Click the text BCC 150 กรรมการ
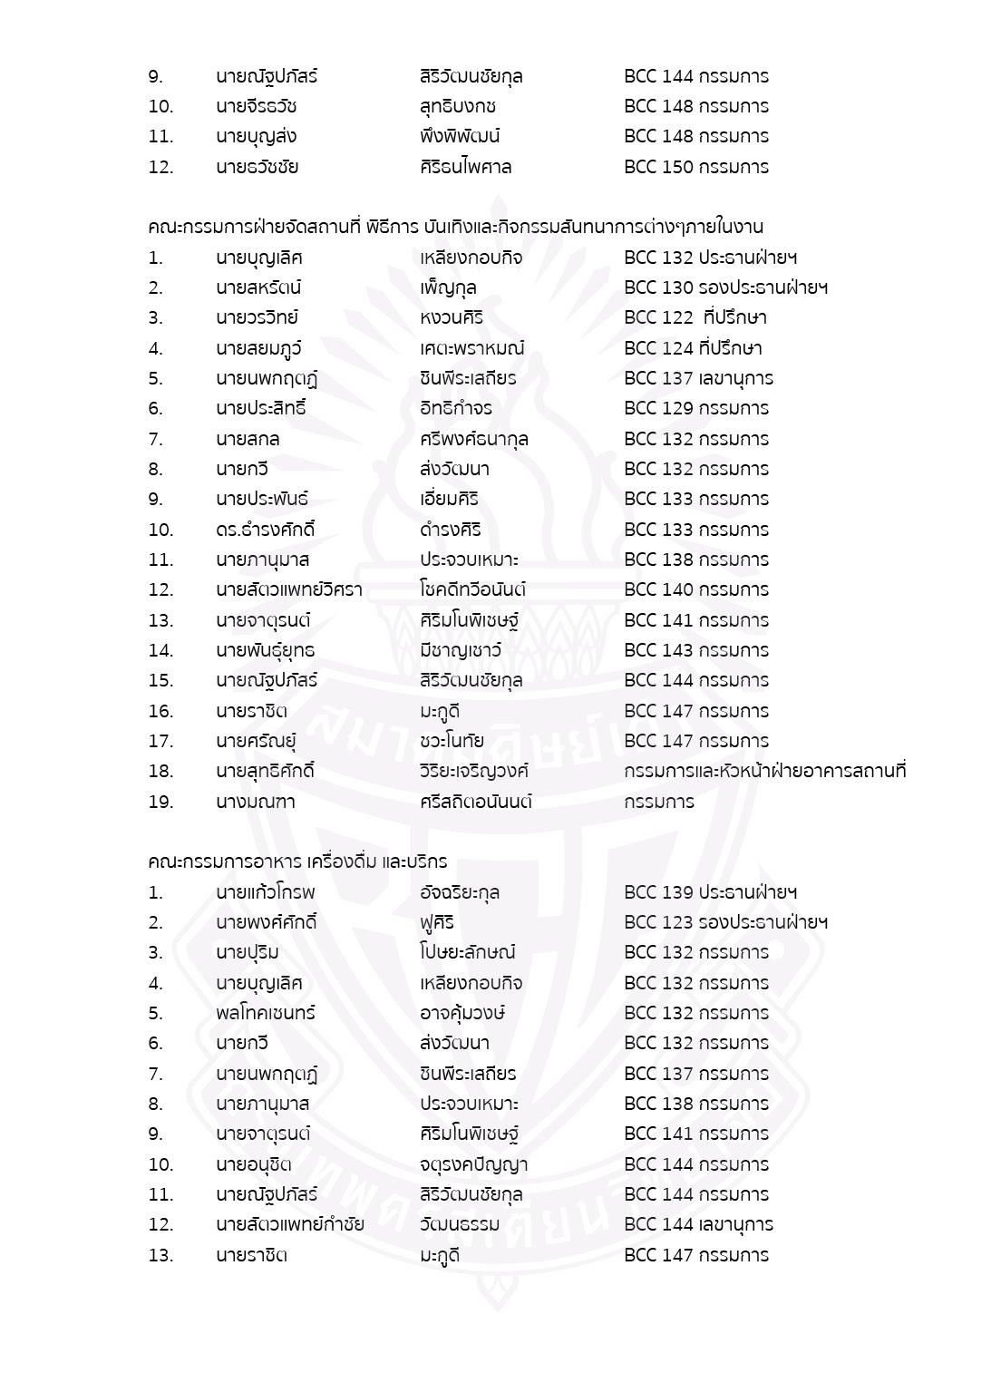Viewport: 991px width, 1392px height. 695,167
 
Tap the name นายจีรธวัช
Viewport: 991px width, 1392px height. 257,106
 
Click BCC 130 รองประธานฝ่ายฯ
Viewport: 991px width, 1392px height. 725,288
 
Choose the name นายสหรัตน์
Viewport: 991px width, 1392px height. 258,288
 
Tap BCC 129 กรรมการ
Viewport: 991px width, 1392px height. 695,409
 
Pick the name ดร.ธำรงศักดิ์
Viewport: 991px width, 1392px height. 259,530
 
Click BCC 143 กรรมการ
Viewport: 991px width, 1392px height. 695,650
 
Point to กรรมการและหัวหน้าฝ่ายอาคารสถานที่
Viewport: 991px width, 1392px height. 765,772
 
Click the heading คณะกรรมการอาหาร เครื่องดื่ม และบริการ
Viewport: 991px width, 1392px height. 297,861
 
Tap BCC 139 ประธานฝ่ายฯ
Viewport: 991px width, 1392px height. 710,892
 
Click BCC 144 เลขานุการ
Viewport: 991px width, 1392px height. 698,1225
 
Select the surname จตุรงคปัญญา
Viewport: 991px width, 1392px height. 473,1164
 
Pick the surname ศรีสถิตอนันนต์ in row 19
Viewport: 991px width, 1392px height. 475,802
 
